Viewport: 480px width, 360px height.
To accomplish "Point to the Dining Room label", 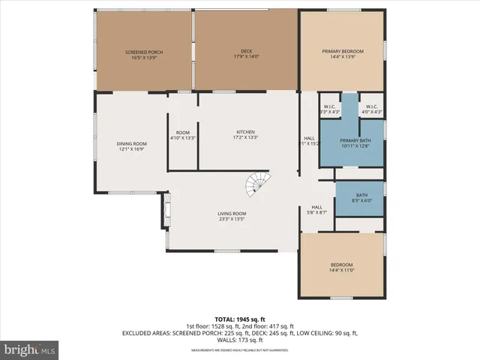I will tap(130, 145).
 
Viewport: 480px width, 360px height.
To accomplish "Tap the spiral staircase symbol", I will tap(258, 182).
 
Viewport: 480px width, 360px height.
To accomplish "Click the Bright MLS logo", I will tap(30, 349).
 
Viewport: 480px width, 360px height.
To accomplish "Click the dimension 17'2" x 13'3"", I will tap(246, 138).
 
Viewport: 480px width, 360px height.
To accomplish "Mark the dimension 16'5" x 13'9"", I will tap(142, 58).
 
